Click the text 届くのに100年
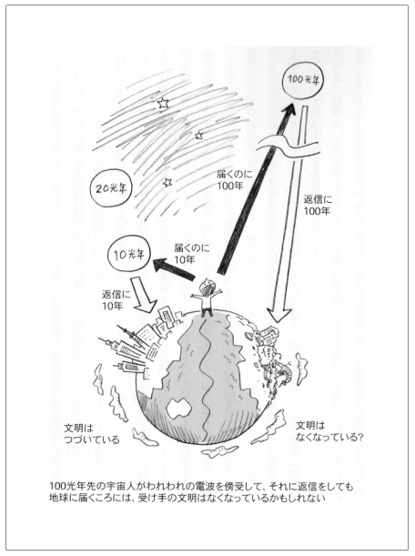pos(235,179)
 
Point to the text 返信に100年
pos(318,205)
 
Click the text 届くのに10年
pos(191,253)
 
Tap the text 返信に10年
pos(116,299)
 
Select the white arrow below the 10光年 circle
pos(143,295)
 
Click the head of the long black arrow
pos(288,110)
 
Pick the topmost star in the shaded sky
pos(163,103)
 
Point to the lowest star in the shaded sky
pos(167,182)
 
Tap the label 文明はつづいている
pos(92,434)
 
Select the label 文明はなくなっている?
pos(329,431)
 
